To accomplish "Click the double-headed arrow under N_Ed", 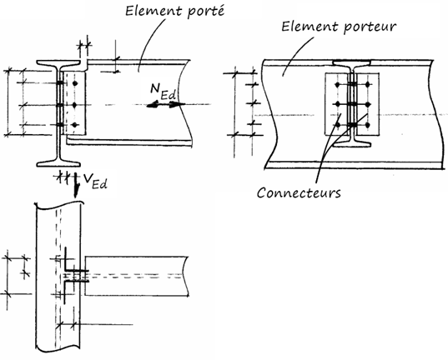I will tap(158, 106).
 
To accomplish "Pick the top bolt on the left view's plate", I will tap(75, 84).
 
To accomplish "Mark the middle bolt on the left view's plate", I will tap(75, 105).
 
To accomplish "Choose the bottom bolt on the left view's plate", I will tap(75, 126).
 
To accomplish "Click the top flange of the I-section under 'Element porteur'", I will tap(353, 62).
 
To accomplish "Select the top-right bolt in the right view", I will tap(368, 84).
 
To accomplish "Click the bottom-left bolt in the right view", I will tap(337, 126).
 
